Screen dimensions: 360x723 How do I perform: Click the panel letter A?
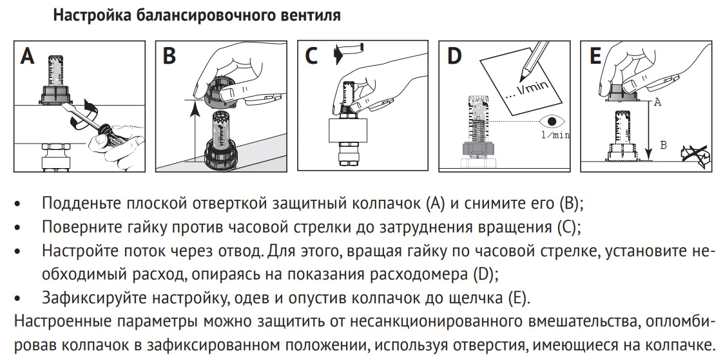(28, 56)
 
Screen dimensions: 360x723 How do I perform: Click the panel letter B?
(169, 56)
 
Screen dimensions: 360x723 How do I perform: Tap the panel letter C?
(312, 56)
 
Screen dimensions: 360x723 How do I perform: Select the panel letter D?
(454, 56)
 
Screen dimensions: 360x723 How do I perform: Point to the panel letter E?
(595, 56)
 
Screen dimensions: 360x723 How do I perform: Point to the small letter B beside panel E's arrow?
(663, 145)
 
